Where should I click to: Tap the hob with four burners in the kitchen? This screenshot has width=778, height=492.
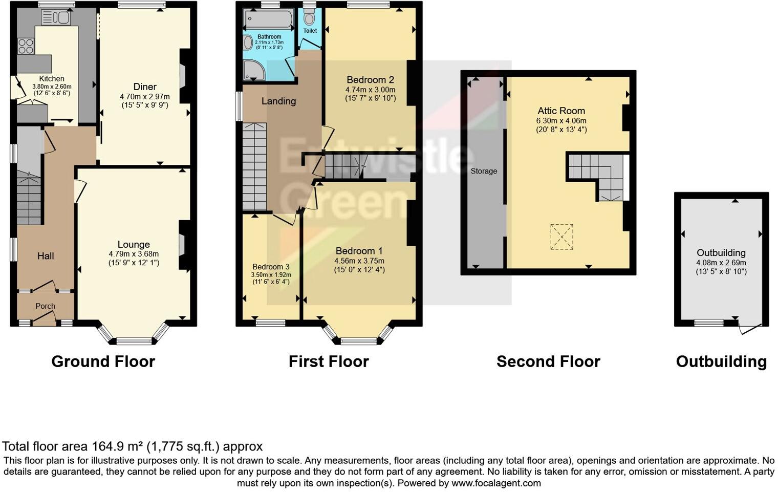tap(26, 47)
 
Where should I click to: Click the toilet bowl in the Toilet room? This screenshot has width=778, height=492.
tap(309, 19)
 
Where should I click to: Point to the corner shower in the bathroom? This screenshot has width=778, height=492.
tap(254, 70)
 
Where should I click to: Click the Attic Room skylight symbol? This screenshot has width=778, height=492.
tap(561, 237)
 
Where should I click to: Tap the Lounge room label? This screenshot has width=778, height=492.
tap(134, 245)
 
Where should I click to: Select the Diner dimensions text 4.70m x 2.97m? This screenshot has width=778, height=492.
tap(145, 96)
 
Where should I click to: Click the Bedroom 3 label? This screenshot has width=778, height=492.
tap(271, 267)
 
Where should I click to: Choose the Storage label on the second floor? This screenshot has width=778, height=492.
tap(484, 171)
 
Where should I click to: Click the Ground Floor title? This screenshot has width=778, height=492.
tap(103, 361)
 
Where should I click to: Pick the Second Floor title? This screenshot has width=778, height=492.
tap(548, 361)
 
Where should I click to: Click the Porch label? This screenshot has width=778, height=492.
tap(45, 306)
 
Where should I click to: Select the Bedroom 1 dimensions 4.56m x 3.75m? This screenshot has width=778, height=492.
tap(359, 261)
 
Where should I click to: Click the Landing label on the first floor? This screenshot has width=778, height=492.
tap(278, 101)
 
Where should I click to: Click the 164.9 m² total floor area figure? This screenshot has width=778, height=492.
tap(118, 446)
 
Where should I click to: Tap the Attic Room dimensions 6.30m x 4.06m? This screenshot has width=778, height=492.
tap(561, 121)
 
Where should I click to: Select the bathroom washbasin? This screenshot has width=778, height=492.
tap(248, 42)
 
